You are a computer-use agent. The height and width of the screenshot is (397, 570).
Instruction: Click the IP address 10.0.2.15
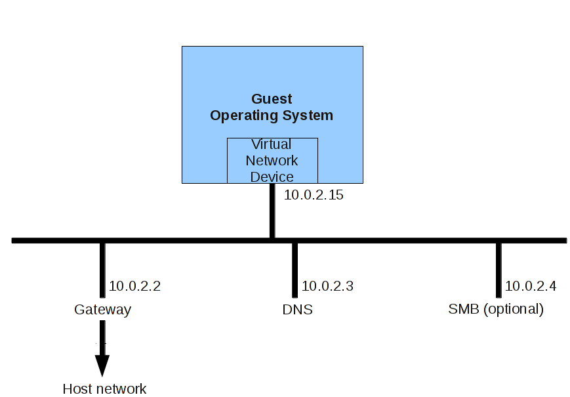pos(314,195)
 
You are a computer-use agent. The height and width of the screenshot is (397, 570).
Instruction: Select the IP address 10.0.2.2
pos(134,286)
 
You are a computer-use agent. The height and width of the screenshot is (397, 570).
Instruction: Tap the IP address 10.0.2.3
pos(327,286)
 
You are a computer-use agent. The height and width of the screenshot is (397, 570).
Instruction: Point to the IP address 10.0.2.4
pos(530,286)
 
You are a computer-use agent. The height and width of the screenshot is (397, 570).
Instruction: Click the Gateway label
pos(102,310)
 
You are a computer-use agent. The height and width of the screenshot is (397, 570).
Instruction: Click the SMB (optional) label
pos(496,310)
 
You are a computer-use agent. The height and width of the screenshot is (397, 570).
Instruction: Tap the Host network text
pos(104,389)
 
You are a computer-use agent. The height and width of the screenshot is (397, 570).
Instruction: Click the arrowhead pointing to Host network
pos(102,365)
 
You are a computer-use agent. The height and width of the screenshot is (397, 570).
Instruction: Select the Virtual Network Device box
pos(272,160)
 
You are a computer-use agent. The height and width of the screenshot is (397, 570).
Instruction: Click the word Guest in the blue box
pos(272,99)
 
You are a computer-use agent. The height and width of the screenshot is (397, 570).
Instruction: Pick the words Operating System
pos(272,116)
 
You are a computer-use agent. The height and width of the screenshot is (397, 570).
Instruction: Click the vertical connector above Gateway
pos(102,269)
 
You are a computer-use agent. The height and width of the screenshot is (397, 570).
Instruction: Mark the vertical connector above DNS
pos(295,269)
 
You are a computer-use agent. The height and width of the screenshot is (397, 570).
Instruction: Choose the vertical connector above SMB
pos(499,269)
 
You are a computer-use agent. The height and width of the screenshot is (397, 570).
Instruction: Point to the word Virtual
pos(272,144)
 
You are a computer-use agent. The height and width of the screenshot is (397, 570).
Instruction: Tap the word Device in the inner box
pos(272,177)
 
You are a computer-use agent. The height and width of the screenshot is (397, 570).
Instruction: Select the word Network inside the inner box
pos(272,160)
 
